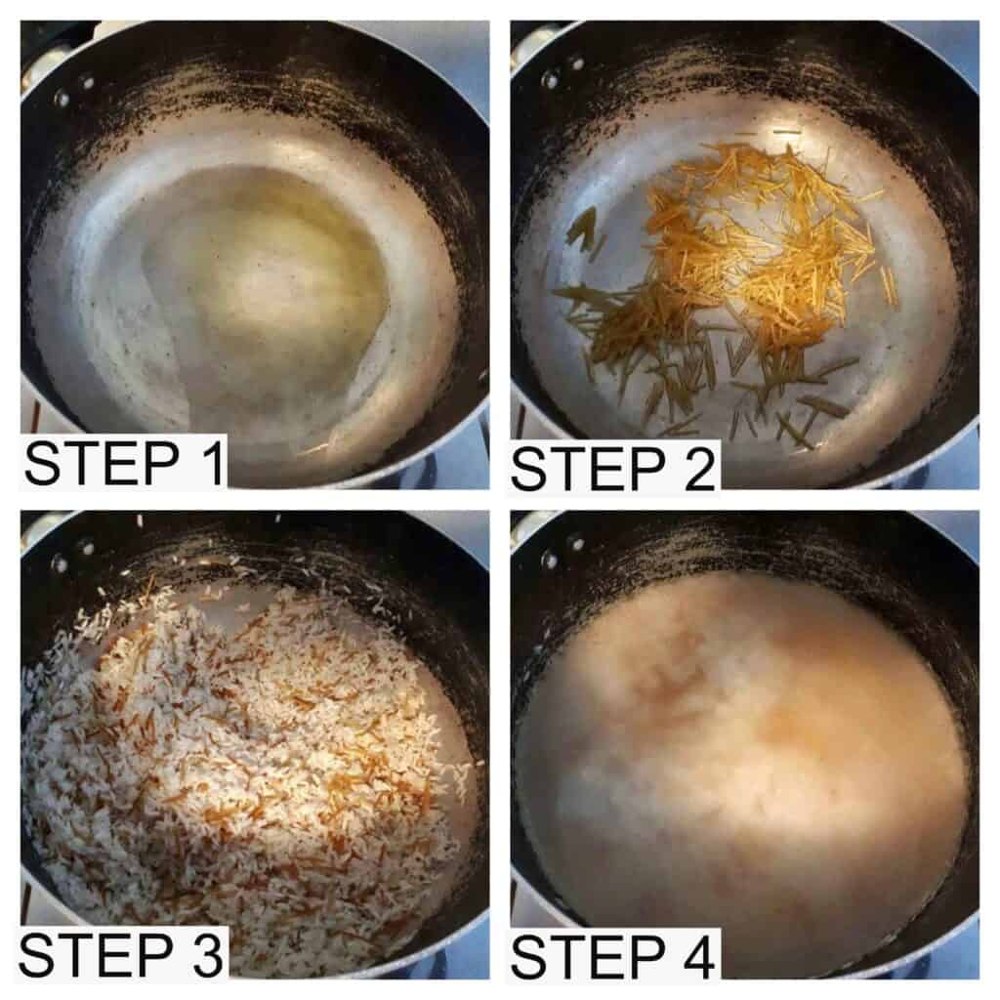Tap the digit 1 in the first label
(x=212, y=463)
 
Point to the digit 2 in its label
(x=699, y=469)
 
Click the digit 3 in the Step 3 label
(x=208, y=954)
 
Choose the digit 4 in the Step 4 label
(x=698, y=957)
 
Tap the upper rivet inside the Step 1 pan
(x=87, y=82)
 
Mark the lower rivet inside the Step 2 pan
(x=549, y=81)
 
